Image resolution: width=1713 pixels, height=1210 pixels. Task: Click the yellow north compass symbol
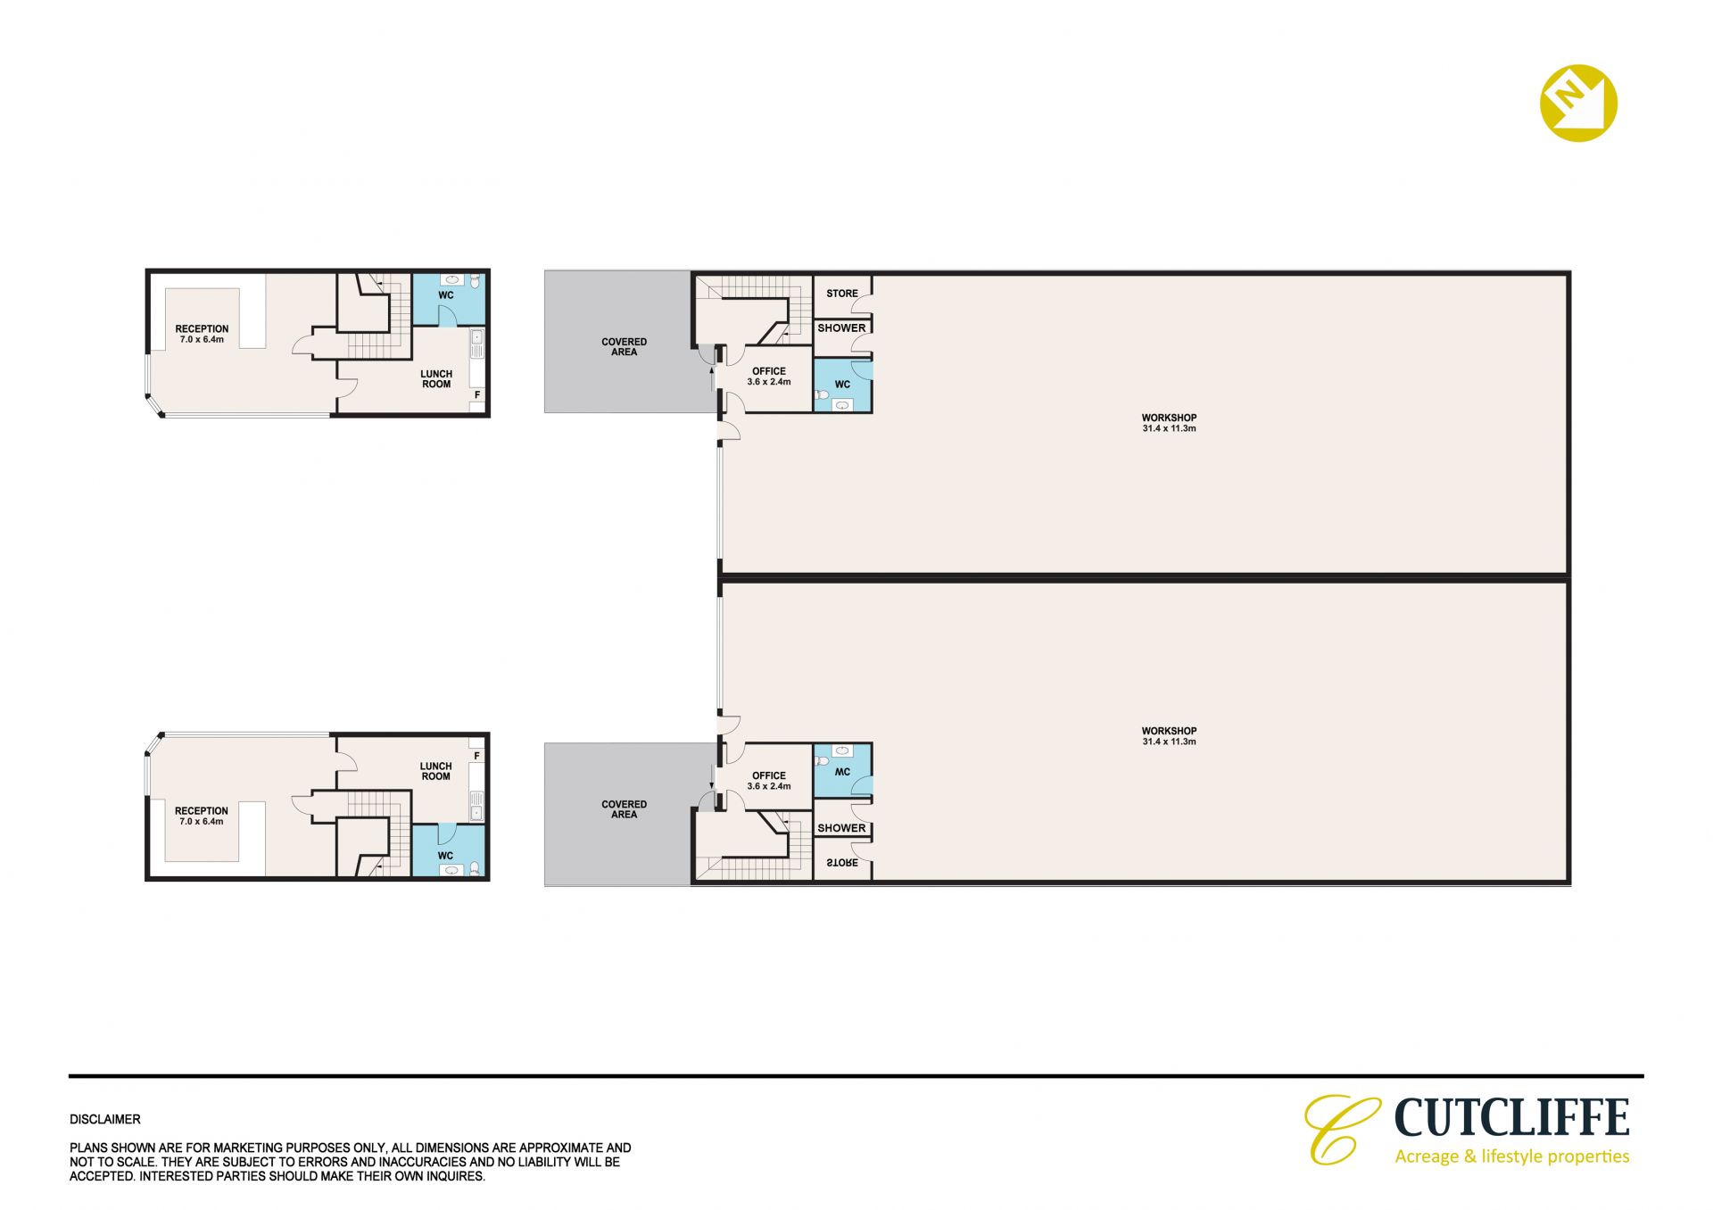point(1578,103)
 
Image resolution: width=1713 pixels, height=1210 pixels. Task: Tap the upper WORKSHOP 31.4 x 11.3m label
point(1169,423)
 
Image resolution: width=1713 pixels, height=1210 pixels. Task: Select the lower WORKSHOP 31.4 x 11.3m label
point(1169,736)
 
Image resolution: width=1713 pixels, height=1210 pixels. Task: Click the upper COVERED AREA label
point(624,347)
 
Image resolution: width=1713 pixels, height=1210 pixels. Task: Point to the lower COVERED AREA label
point(624,809)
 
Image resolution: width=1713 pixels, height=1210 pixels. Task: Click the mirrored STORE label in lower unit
point(841,863)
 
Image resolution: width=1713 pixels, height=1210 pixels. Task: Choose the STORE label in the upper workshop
point(841,294)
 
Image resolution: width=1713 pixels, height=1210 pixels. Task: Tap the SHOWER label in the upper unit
point(841,327)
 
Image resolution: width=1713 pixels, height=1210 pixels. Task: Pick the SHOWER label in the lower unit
point(841,828)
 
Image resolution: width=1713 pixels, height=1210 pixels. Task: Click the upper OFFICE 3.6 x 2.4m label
point(769,377)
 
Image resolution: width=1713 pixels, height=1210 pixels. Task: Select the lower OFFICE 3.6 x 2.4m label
point(769,781)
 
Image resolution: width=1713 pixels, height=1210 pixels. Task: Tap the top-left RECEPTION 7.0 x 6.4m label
point(202,334)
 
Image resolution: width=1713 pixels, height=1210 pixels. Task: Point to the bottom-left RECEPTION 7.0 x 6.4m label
point(202,816)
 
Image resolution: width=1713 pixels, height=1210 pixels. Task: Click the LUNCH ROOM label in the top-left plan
point(436,379)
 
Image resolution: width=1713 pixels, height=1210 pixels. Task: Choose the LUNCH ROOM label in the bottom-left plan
point(436,771)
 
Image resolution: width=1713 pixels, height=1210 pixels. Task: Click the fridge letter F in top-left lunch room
point(477,395)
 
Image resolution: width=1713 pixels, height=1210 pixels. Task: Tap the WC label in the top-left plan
point(446,295)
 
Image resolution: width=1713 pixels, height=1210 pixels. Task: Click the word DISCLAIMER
point(105,1119)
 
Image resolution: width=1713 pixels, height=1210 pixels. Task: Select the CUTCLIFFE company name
point(1511,1117)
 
